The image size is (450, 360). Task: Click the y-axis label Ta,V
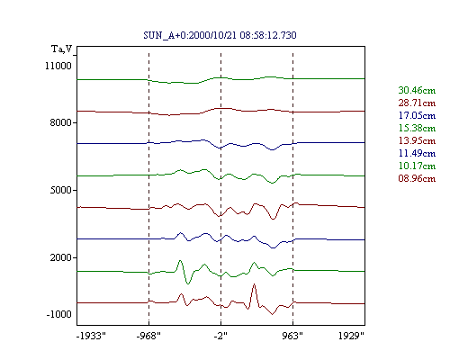pos(62,49)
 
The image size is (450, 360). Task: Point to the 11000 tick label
pos(58,66)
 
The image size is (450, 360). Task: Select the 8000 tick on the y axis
pos(60,122)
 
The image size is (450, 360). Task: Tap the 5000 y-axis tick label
pos(60,190)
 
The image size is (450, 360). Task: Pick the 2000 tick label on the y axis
pos(60,257)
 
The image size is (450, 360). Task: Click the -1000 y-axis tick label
pos(58,314)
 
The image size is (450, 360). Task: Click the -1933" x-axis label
pos(91,336)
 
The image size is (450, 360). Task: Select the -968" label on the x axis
pos(148,336)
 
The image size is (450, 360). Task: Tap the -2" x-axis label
pos(220,336)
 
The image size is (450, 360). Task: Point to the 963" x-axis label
pos(292,336)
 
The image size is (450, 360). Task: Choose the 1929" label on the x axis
pos(351,336)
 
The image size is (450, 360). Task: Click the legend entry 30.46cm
pos(417,90)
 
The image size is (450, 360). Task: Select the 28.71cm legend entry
pos(417,103)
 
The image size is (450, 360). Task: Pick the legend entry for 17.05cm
pos(417,115)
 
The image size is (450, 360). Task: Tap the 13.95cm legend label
pos(417,140)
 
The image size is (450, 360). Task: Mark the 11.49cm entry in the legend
pos(417,153)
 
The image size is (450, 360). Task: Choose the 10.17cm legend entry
pos(417,166)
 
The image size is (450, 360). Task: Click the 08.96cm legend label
pos(417,178)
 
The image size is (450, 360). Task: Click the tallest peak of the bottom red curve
pos(254,283)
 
